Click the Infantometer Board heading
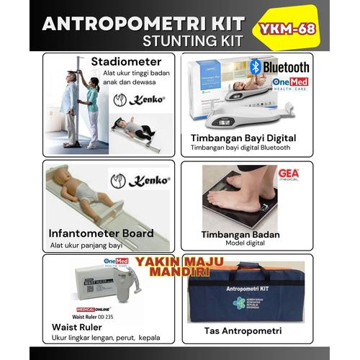point(100,233)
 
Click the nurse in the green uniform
point(93,108)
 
